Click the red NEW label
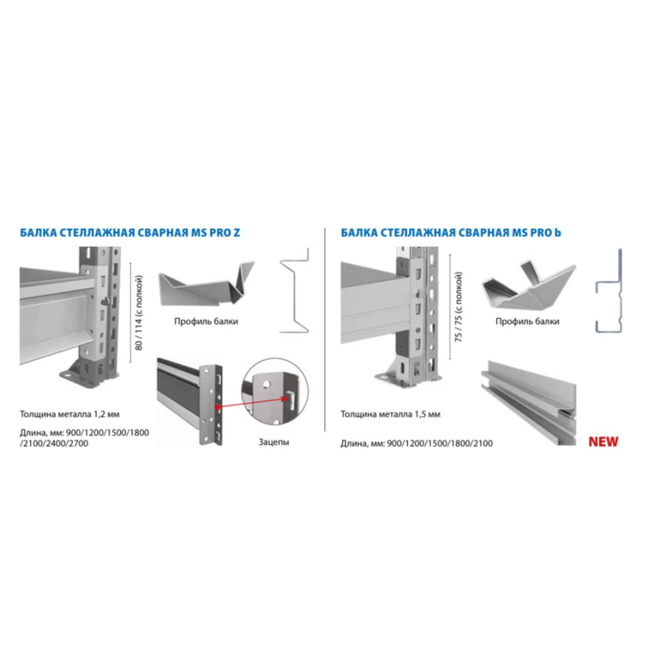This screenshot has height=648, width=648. [x=603, y=441]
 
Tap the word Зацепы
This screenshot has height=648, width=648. [x=274, y=441]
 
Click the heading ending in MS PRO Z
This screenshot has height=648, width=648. [x=130, y=232]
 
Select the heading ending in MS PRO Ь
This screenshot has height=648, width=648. [x=451, y=232]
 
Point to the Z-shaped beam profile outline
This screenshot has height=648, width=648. [x=295, y=290]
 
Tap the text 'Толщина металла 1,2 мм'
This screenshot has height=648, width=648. [x=70, y=414]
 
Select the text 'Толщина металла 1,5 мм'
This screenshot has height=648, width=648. [x=390, y=414]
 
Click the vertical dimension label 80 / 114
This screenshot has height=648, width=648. [x=139, y=313]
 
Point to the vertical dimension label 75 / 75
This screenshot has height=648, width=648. [x=458, y=307]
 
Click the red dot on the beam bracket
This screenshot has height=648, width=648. [x=217, y=407]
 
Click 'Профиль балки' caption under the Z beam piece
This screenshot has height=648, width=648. [x=207, y=321]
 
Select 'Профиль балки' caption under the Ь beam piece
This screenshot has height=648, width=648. [x=527, y=321]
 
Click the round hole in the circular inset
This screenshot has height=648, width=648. [x=266, y=384]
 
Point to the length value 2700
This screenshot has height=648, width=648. [x=78, y=443]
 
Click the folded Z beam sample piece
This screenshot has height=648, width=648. [x=207, y=284]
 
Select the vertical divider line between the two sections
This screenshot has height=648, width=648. [x=325, y=330]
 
